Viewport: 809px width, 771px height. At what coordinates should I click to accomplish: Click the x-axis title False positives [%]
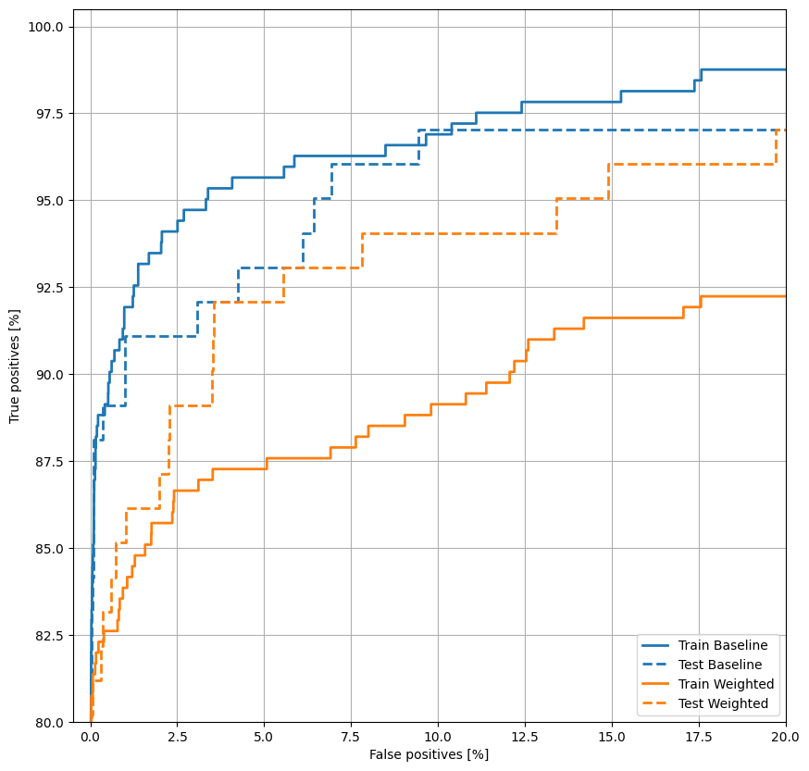pyautogui.click(x=429, y=754)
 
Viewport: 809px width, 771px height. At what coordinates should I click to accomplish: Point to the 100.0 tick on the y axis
pyautogui.click(x=45, y=27)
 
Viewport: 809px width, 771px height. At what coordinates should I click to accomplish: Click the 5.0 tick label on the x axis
pyautogui.click(x=264, y=738)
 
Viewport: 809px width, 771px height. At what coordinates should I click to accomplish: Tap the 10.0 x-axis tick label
pyautogui.click(x=438, y=738)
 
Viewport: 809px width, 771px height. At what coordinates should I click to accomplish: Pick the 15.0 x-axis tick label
pyautogui.click(x=612, y=738)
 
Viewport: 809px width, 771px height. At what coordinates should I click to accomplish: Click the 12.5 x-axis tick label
pyautogui.click(x=525, y=738)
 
